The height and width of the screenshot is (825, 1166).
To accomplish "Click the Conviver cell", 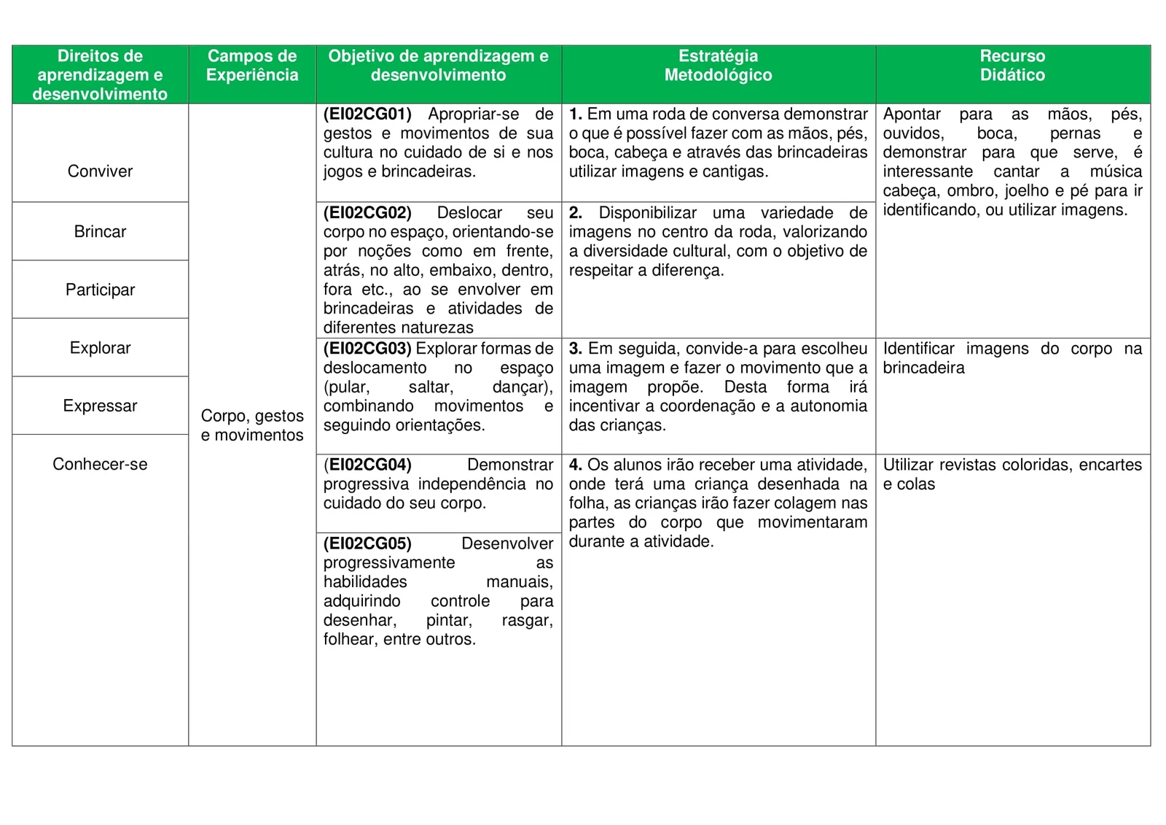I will click(100, 171).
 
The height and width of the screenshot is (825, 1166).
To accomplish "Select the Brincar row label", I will click(100, 232).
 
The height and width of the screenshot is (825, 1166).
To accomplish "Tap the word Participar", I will click(100, 290).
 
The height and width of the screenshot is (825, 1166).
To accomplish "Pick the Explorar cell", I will click(100, 348).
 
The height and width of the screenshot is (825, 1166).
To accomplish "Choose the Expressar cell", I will click(100, 406).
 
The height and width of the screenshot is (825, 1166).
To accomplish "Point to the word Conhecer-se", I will click(100, 465).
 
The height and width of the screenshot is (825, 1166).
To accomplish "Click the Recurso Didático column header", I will click(1012, 66).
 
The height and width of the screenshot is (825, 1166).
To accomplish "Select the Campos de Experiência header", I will click(252, 66).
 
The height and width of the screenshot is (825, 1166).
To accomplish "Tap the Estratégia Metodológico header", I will click(718, 66).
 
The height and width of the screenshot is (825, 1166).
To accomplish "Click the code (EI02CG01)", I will click(367, 115).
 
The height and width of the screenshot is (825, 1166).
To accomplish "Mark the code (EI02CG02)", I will click(367, 213).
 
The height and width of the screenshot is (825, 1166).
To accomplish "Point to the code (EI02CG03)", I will click(367, 349).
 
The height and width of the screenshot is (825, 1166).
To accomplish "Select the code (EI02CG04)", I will click(367, 465).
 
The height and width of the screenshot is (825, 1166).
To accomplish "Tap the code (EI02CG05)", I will click(367, 544).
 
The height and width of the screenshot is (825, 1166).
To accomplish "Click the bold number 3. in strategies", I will click(575, 349).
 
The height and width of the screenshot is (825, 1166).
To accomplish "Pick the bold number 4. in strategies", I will click(575, 465).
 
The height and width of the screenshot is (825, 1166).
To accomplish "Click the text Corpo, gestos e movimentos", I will click(252, 425).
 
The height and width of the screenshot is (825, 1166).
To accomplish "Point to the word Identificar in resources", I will click(918, 349).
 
